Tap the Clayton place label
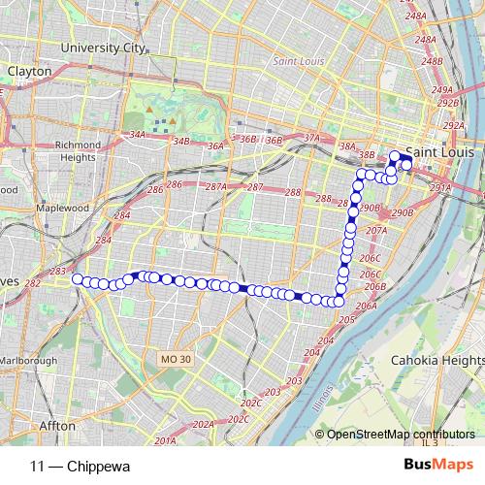click(28, 72)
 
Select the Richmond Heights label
click(73, 151)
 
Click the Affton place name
click(57, 425)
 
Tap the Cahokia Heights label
click(430, 360)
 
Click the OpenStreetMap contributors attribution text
click(400, 435)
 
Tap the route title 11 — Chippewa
click(80, 466)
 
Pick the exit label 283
click(58, 271)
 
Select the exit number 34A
click(137, 136)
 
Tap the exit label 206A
click(366, 306)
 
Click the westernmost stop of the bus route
click(77, 279)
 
